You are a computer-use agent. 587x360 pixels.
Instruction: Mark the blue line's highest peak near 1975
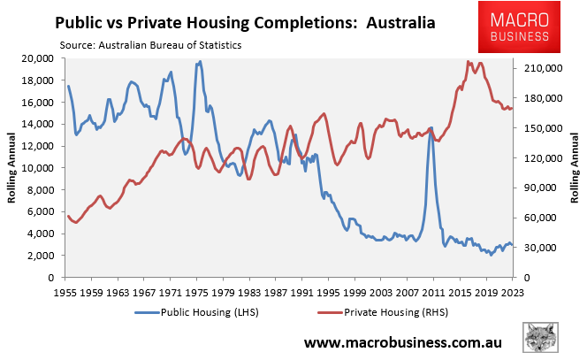pos(200,62)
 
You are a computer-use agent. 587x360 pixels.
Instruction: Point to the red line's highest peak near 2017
pos(468,62)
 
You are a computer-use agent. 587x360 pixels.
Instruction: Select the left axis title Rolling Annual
pos(12,167)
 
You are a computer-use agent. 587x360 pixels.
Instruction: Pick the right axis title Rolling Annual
pos(575,167)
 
